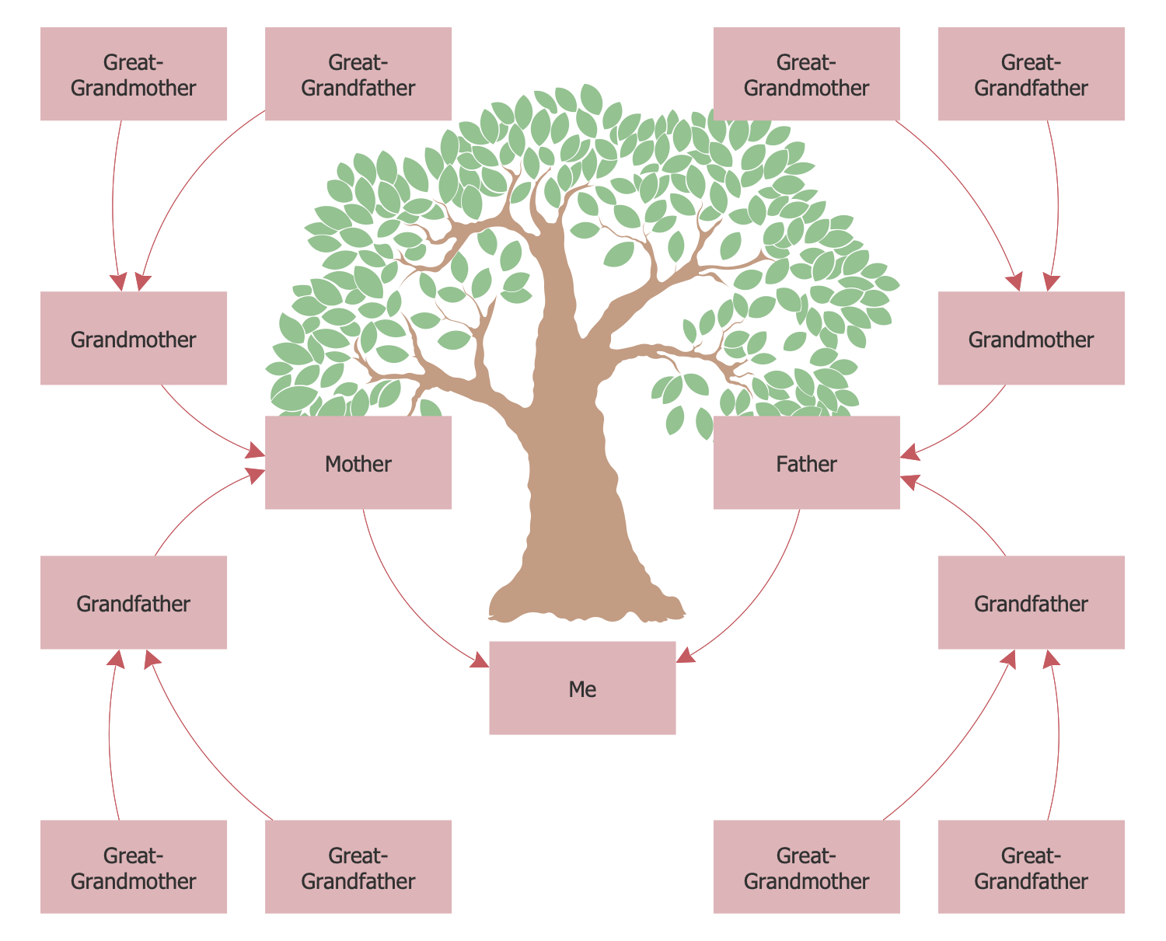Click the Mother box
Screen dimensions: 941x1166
pos(358,463)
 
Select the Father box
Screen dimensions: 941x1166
pos(806,463)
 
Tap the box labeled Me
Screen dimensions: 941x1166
pos(582,688)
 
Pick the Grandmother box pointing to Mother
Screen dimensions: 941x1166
pos(134,338)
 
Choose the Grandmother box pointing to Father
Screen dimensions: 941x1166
pos(1031,338)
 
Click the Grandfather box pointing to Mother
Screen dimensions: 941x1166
pos(134,602)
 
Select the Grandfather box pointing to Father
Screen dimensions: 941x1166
pos(1031,602)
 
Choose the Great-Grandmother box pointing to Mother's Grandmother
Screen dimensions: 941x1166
pos(134,75)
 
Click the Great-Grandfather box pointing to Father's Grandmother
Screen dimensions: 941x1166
pos(1031,75)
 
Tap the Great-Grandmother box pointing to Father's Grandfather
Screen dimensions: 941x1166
pos(806,866)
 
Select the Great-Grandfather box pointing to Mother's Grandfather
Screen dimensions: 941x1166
pos(358,866)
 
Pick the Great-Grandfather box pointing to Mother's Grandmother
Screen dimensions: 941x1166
pos(358,75)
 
